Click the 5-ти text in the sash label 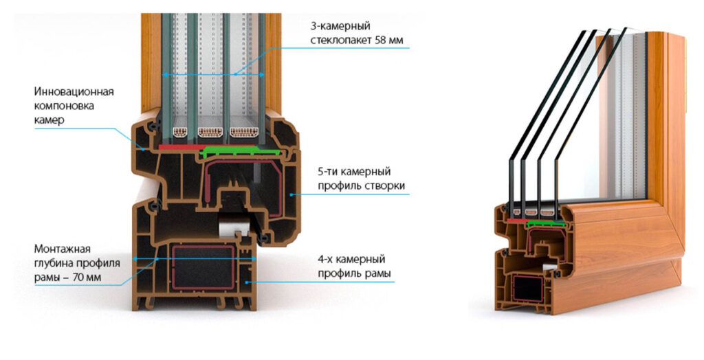[x=329, y=171]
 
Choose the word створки [x=383, y=185]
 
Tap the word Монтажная [x=62, y=249]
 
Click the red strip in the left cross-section [x=180, y=146]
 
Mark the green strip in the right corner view [x=545, y=223]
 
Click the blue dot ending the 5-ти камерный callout [x=292, y=195]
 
